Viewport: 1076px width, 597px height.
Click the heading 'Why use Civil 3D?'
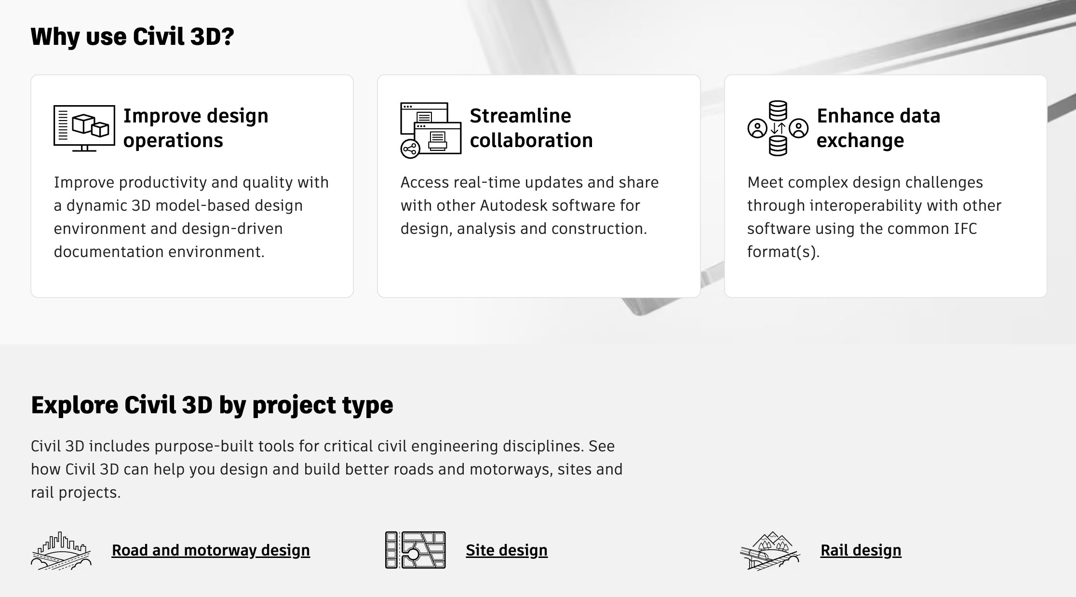click(x=132, y=37)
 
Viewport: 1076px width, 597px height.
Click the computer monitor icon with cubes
click(x=84, y=128)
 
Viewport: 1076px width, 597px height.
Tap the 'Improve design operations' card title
click(x=196, y=128)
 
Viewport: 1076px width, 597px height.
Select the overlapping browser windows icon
click(x=430, y=130)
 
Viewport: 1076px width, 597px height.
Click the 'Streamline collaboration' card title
click(x=531, y=128)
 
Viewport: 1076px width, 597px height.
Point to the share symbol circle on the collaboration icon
click(x=410, y=149)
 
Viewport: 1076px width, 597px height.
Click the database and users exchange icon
click(x=778, y=128)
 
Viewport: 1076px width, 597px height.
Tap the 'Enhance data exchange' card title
click(x=878, y=128)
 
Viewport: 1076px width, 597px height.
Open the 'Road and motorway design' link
click(x=211, y=550)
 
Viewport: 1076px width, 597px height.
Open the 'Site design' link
click(x=507, y=550)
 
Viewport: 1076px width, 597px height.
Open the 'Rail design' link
click(x=861, y=550)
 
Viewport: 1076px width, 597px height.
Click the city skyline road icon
click(x=61, y=550)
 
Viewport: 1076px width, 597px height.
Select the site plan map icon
click(x=416, y=550)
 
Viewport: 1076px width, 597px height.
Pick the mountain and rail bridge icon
click(x=770, y=550)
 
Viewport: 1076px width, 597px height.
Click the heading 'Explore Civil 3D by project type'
click(x=212, y=405)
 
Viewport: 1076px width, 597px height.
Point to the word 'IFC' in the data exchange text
click(x=965, y=229)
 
